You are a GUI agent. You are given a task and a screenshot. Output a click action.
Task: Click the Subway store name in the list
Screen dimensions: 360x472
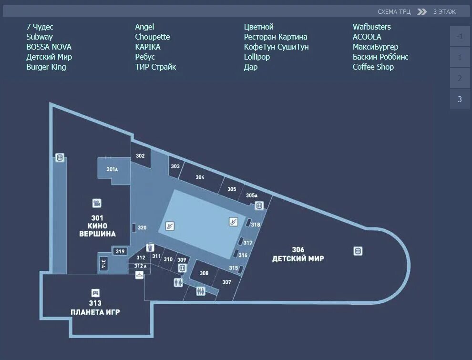(40, 37)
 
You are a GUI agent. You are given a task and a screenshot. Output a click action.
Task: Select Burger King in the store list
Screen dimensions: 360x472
(46, 67)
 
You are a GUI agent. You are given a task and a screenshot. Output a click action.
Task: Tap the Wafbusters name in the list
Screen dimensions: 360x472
(372, 27)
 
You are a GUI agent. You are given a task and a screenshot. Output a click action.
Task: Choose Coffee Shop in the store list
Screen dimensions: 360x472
(373, 67)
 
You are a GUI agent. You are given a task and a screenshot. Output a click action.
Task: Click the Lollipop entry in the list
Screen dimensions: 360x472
(257, 57)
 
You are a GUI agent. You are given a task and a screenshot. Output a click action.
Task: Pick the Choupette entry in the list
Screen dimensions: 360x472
(153, 37)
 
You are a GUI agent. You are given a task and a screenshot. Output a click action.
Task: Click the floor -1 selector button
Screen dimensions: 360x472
(460, 36)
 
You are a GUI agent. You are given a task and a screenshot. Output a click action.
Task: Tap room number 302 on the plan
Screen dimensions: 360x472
(140, 156)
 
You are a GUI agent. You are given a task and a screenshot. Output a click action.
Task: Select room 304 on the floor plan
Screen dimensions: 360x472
(200, 177)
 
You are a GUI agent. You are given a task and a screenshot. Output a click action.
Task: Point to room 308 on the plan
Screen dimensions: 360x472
(204, 273)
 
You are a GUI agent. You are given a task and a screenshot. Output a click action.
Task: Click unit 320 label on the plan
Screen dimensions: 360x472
(142, 228)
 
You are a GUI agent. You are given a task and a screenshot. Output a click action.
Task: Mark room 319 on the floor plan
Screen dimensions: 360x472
(120, 251)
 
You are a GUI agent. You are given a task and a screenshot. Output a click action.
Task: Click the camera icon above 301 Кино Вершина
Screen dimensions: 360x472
(97, 203)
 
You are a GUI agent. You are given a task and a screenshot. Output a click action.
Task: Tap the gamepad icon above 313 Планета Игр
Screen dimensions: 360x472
(95, 293)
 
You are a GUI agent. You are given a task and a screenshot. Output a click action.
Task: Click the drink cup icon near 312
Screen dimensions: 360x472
(150, 247)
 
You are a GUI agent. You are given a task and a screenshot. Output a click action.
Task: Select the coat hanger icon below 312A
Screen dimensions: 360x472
(139, 275)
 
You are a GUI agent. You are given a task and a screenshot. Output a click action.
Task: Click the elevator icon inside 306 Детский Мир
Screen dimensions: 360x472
(358, 251)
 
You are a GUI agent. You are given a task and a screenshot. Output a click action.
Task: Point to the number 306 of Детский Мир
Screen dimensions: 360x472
(298, 249)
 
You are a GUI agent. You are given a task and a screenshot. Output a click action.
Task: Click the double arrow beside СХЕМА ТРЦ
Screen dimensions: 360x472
(422, 11)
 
